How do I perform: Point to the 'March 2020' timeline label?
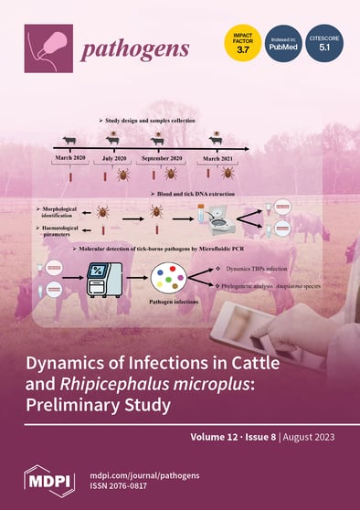(70, 158)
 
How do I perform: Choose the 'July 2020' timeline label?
(113, 158)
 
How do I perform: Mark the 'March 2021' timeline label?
(217, 158)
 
